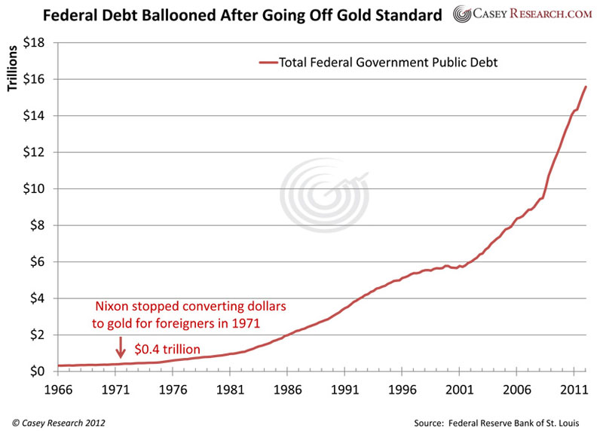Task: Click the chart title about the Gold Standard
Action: [x=225, y=14]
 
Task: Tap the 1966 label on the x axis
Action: [x=58, y=390]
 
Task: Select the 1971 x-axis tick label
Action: [x=115, y=390]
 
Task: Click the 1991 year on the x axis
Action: [x=344, y=390]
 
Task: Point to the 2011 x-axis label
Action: [x=574, y=390]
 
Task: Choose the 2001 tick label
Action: [x=459, y=390]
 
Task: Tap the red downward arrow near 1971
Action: [x=120, y=346]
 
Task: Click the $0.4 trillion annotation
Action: [x=168, y=350]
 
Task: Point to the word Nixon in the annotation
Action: [x=112, y=308]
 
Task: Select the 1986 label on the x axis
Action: [x=287, y=390]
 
